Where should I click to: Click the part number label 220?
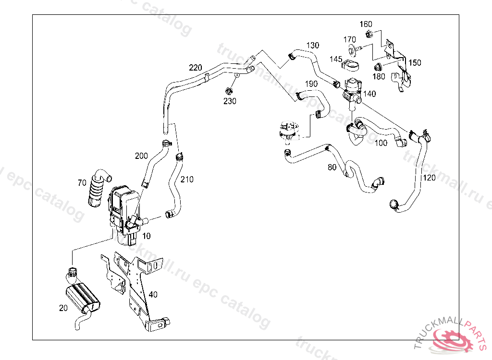(196, 67)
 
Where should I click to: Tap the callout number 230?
(230, 101)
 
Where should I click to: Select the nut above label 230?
(229, 90)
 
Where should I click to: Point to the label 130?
(312, 46)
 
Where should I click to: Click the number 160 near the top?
(366, 24)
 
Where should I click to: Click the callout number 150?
(415, 63)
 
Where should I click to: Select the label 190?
(311, 84)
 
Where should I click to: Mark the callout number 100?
(381, 143)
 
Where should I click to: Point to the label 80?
(332, 168)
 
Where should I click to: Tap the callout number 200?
(141, 156)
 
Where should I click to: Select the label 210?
(187, 180)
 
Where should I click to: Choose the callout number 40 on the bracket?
(153, 295)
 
